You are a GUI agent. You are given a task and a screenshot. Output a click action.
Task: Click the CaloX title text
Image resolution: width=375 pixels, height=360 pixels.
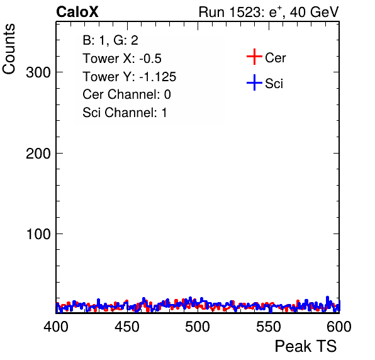tap(77, 12)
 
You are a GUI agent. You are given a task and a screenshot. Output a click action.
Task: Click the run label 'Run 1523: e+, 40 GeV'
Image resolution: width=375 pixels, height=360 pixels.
tap(269, 12)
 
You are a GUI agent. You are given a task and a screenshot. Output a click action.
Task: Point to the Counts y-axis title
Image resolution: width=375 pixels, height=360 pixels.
tap(9, 49)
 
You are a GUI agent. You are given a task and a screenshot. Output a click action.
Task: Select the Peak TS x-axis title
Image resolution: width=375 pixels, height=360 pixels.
tap(306, 346)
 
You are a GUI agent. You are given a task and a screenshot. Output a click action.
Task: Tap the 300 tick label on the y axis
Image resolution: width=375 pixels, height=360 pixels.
tap(38, 72)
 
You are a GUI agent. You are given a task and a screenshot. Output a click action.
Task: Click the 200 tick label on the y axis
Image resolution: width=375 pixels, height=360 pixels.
tap(38, 154)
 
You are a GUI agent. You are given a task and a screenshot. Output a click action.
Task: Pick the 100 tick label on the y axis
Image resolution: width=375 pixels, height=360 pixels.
tap(38, 234)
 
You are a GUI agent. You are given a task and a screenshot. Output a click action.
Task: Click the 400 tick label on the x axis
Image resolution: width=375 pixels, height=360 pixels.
tap(56, 326)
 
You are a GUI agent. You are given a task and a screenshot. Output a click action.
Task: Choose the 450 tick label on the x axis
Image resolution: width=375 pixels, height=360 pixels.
tap(126, 326)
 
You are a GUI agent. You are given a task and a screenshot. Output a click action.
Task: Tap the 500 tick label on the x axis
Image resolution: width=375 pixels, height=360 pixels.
tap(198, 326)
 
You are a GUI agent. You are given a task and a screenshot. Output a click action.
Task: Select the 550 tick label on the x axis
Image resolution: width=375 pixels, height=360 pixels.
tap(268, 326)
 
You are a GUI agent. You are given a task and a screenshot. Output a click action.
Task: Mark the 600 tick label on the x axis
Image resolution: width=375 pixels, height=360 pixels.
tap(339, 326)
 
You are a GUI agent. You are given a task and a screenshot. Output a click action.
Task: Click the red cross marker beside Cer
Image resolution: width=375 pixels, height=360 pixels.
tap(254, 57)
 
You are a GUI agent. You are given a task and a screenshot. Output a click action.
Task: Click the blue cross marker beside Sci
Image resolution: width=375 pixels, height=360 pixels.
tap(254, 83)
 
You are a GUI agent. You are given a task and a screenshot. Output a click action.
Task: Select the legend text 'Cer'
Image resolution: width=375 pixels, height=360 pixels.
tap(275, 58)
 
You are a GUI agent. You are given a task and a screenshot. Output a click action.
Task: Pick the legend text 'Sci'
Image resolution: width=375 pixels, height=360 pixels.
tap(274, 84)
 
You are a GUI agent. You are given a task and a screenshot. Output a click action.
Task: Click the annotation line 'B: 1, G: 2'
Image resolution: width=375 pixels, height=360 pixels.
tap(110, 40)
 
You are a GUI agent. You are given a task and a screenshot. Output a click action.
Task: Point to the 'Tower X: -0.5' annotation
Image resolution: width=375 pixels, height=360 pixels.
tap(122, 59)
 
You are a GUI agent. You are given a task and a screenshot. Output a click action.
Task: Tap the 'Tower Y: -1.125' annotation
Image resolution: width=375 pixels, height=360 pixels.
tap(130, 77)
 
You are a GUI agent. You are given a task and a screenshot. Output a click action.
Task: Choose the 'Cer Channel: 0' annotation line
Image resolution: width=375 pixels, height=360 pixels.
tap(126, 94)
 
